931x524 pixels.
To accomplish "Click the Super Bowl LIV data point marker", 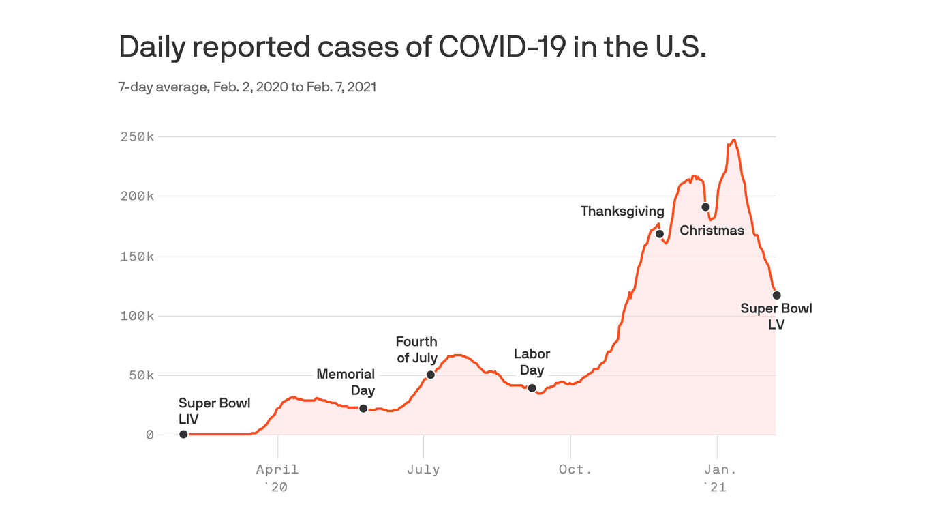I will coord(183,434).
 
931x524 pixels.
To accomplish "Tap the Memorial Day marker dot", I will coord(363,409).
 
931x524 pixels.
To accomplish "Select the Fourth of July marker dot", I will coord(430,375).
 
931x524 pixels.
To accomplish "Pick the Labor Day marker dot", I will coord(532,388).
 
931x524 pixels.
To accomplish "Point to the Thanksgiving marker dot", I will coord(660,234).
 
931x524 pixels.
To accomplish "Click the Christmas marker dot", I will coord(705,207).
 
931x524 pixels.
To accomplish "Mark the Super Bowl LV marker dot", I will coord(776,295).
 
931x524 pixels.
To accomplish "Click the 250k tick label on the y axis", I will coord(136,137).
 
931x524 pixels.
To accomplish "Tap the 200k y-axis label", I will coord(136,196).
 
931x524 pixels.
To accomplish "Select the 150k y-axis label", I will coord(136,257).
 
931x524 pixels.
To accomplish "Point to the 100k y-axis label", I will coord(136,316).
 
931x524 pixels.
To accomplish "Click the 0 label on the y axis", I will coord(149,435).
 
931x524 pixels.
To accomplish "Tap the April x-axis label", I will coord(277,469).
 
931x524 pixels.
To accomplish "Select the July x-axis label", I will coord(423,469).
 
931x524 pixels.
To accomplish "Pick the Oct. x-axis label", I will coord(575,469).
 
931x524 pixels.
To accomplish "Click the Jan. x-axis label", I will coord(720,469).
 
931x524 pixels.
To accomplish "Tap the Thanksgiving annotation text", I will coord(622,212).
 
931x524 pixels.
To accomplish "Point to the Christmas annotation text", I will coord(712,231).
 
